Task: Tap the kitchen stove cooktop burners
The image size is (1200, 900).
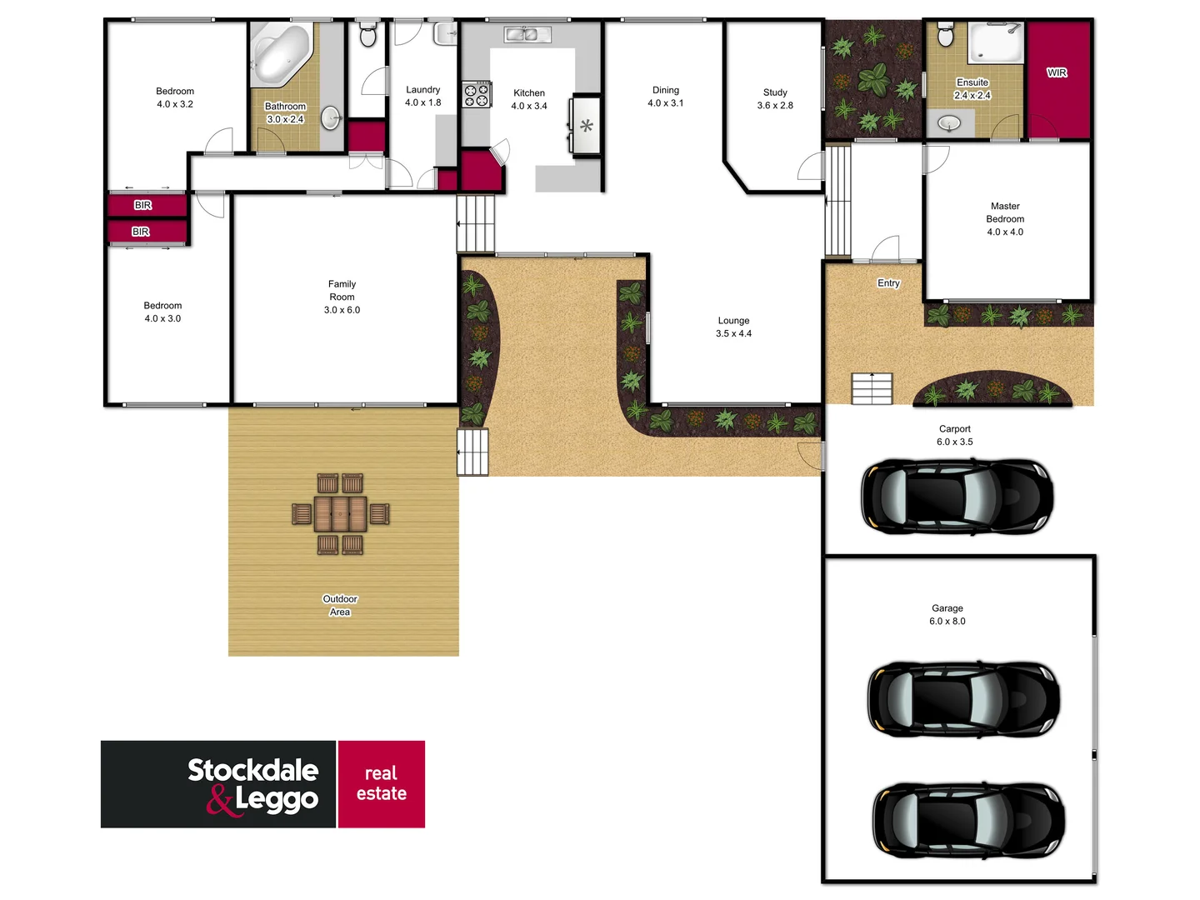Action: tap(477, 94)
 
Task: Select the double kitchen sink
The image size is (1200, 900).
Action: tap(527, 34)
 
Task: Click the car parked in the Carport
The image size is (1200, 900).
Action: tap(957, 496)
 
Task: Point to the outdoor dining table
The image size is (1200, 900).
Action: tap(340, 513)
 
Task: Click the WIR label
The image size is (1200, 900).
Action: tap(1057, 72)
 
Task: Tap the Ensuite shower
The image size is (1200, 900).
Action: tap(996, 42)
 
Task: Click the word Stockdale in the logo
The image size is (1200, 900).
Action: tap(252, 770)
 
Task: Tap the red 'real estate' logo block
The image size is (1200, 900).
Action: tap(382, 783)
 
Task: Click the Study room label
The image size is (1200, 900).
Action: tap(775, 92)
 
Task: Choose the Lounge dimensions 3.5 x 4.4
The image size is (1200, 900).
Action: tap(733, 333)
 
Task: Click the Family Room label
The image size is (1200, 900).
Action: tap(342, 290)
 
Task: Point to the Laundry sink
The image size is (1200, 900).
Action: tap(446, 34)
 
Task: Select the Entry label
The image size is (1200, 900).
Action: tap(888, 283)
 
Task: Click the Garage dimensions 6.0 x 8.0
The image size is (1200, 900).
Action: tap(947, 621)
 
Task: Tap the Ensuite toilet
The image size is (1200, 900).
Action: tap(945, 34)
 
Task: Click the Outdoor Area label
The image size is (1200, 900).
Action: tap(340, 605)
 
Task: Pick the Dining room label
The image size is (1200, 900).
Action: tap(666, 90)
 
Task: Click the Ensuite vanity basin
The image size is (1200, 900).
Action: tap(949, 124)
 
